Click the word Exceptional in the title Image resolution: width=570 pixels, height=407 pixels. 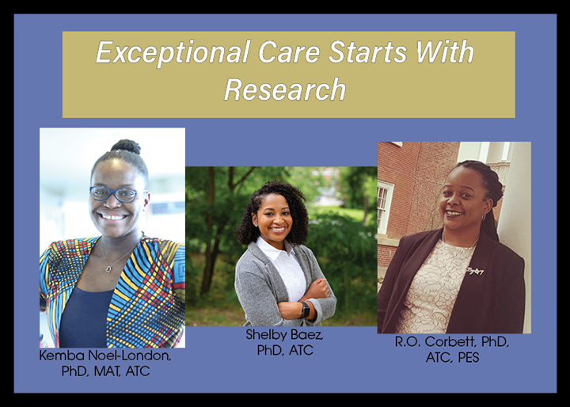click(173, 53)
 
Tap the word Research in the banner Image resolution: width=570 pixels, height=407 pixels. click(285, 89)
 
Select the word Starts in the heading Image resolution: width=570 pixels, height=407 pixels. click(367, 52)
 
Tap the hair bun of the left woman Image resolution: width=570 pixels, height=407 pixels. click(126, 146)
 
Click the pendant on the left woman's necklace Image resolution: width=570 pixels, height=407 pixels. click(108, 269)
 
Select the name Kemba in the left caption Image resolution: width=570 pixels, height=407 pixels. click(60, 356)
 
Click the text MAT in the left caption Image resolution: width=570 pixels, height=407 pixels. click(107, 371)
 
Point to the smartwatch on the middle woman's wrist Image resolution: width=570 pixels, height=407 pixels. click(306, 310)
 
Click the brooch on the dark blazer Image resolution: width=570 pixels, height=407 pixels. click(475, 271)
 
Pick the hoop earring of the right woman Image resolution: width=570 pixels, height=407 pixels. click(484, 217)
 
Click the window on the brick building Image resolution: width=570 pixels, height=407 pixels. click(386, 207)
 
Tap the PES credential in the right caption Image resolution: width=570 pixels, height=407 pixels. click(468, 358)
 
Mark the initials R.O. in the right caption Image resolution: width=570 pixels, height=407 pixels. click(408, 342)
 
